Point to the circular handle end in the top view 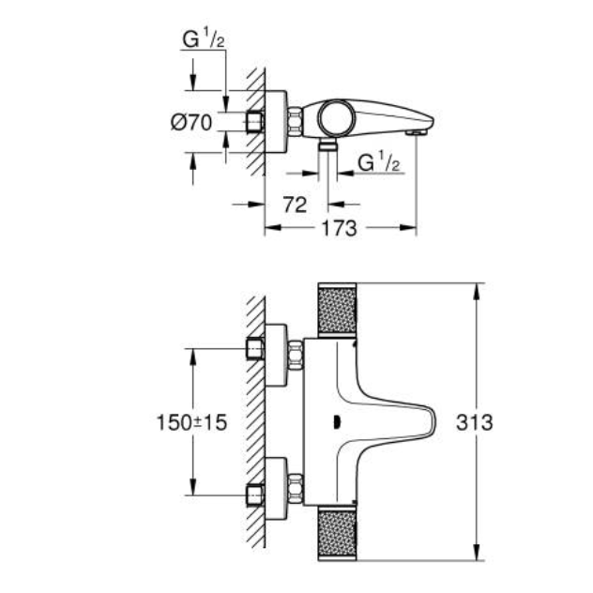pos(333,118)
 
